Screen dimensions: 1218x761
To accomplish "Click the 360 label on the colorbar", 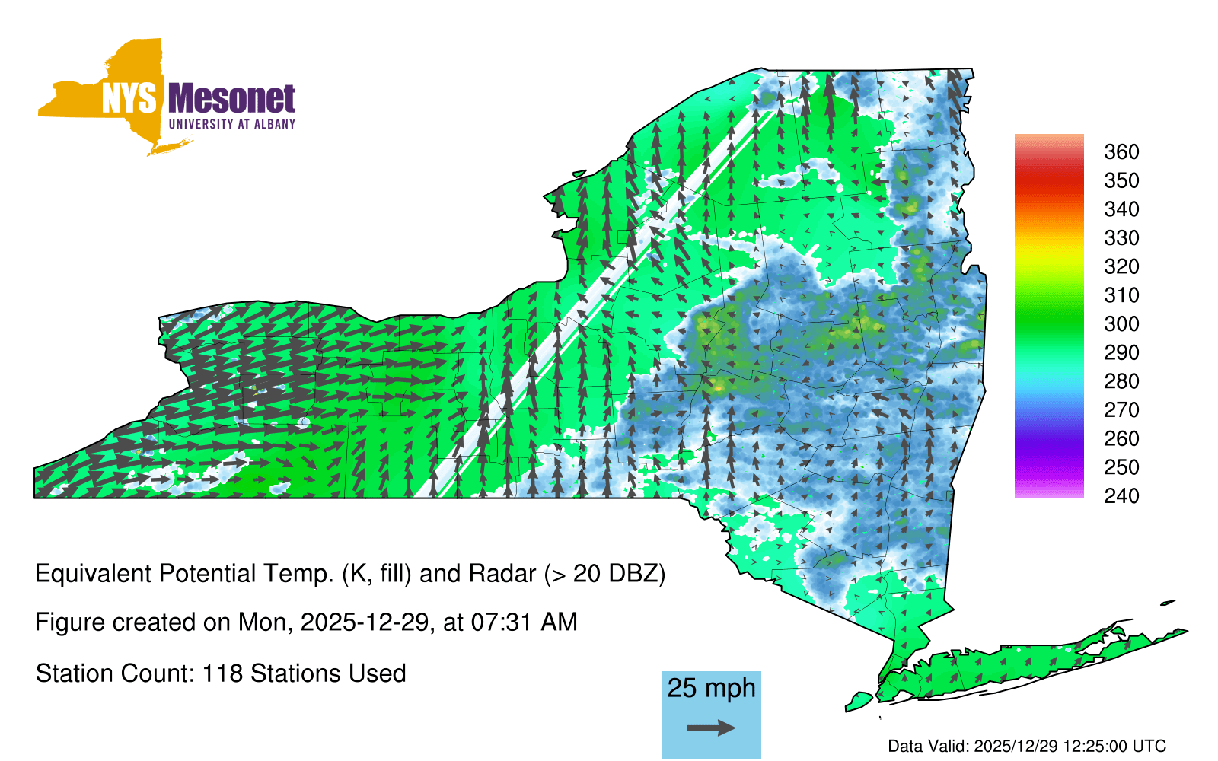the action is click(x=1121, y=151).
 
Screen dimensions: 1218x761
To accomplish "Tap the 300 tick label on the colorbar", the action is click(x=1121, y=324).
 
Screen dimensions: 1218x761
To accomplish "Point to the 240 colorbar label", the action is click(x=1121, y=495).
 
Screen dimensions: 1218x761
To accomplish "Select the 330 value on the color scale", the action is click(x=1121, y=237).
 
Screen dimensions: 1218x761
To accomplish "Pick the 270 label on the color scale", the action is click(x=1121, y=410).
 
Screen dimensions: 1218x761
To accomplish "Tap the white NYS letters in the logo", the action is click(x=129, y=98).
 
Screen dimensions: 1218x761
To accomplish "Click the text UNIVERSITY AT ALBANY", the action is click(x=231, y=124).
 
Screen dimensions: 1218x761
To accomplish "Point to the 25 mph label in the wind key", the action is click(x=711, y=688).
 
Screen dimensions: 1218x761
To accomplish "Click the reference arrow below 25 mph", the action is click(x=711, y=728).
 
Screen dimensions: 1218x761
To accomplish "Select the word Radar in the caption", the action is click(x=502, y=574).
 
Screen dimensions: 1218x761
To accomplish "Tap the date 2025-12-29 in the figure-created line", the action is click(x=365, y=622).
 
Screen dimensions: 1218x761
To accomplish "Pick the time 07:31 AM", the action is click(x=525, y=622).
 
